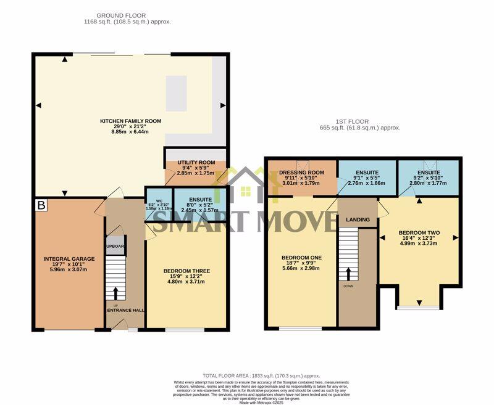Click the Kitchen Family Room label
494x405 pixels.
pos(130,121)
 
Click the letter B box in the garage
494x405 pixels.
pos(41,205)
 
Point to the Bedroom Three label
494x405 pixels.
pos(186,271)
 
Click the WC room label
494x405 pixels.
pos(159,200)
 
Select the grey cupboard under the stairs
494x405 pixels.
pos(115,246)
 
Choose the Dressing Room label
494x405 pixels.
pos(302,173)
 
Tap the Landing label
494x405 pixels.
pos(358,220)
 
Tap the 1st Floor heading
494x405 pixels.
pos(360,121)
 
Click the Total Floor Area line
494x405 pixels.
pos(261,375)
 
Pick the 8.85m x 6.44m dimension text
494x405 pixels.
pos(130,131)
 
